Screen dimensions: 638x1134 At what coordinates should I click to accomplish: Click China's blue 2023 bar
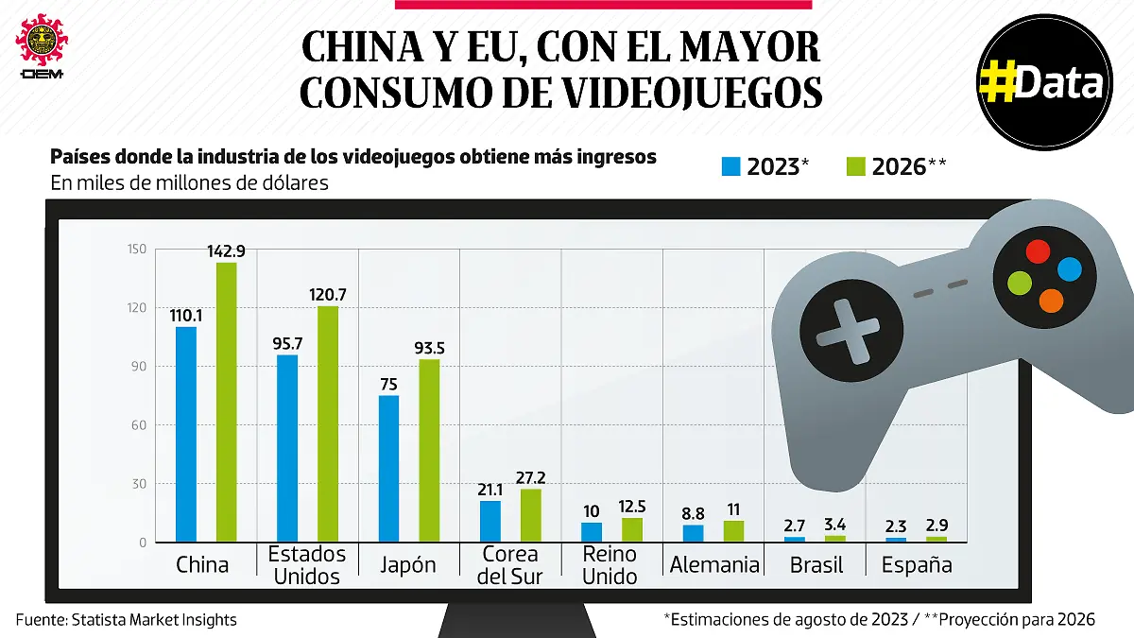(186, 435)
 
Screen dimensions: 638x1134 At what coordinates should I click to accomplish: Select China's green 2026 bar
(227, 403)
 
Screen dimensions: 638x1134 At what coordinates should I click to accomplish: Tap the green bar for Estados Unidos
(328, 424)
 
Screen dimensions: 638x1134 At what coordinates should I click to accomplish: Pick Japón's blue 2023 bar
(389, 469)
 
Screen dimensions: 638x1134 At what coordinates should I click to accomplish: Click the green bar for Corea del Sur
(531, 515)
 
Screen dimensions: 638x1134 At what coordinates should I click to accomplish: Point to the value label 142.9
(227, 251)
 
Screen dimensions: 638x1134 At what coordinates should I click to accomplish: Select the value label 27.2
(531, 478)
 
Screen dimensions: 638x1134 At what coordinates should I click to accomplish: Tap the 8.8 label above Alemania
(693, 514)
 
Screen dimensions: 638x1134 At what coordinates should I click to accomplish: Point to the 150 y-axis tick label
(137, 250)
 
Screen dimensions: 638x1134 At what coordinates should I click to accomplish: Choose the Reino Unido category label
(610, 565)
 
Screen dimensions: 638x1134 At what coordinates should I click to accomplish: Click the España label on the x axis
(917, 565)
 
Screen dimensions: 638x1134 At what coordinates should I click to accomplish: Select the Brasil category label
(816, 565)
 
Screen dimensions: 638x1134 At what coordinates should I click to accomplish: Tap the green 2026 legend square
(856, 167)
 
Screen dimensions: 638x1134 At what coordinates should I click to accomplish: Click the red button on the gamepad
(1038, 251)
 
